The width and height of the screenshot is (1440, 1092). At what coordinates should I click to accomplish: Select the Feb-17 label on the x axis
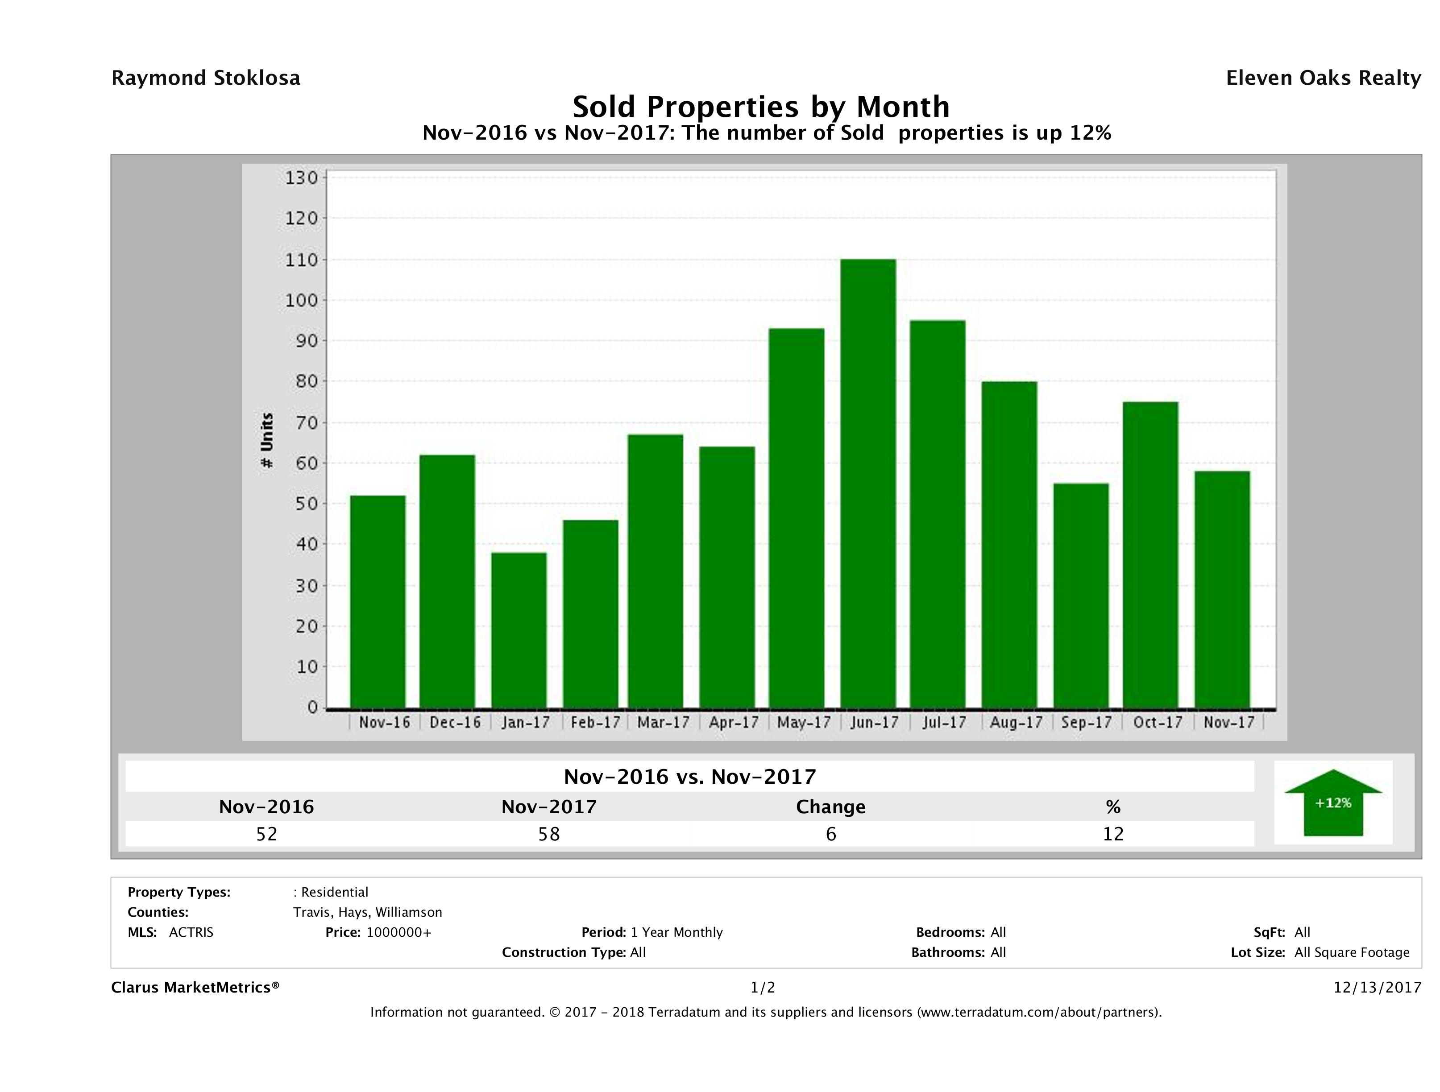pos(595,722)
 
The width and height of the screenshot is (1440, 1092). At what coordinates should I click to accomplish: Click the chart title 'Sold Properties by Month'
pos(760,107)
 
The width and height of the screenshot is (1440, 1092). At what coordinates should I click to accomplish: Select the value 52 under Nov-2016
pos(267,834)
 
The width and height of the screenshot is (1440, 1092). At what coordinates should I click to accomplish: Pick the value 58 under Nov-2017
pos(549,834)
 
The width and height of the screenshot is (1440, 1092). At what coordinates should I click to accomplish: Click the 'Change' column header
pos(831,807)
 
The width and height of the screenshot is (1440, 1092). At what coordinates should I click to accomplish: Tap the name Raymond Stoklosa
pos(206,78)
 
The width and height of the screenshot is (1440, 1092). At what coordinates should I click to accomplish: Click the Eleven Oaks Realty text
pos(1323,78)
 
